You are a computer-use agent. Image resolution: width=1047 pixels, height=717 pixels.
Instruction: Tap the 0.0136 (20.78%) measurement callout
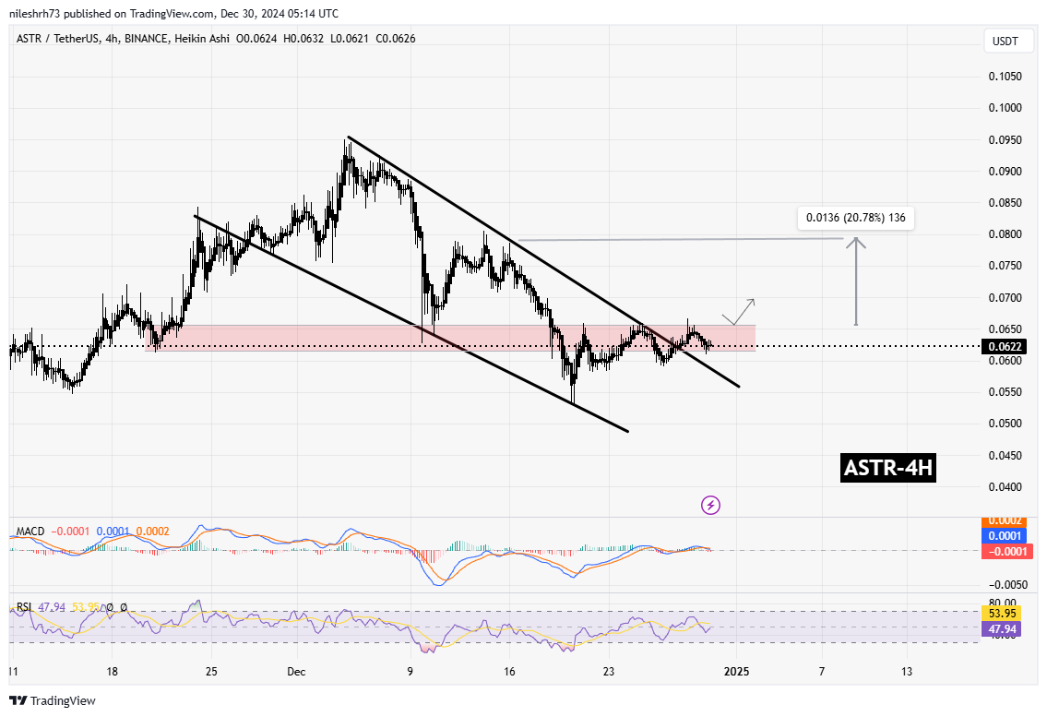856,219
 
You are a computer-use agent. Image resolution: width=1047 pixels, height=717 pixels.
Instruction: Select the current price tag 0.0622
1002,347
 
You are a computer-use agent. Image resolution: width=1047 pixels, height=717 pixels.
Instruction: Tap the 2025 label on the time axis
735,673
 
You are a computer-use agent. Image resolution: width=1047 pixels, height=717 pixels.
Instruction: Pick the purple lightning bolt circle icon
710,505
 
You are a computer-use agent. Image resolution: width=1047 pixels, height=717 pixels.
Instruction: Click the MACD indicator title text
31,532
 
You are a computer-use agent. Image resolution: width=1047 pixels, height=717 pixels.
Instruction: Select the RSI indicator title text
25,607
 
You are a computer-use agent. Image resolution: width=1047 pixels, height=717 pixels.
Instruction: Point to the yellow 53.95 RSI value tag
1002,613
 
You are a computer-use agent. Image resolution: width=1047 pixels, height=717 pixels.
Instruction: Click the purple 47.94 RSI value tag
1002,627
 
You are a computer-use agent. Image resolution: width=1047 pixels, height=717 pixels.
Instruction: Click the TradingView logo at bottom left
53,701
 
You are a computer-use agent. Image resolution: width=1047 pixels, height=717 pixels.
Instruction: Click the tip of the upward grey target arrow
858,239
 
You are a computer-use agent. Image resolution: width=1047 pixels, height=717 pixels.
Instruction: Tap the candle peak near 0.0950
347,142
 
